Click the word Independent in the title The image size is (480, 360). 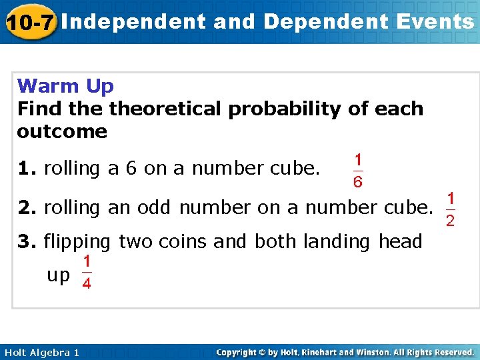point(137,22)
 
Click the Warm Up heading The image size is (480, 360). point(65,86)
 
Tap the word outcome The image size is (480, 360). point(62,131)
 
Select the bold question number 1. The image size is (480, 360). point(27,169)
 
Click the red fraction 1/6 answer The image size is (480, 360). point(358,171)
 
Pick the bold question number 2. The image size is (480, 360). point(27,208)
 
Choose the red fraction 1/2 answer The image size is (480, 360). point(451,209)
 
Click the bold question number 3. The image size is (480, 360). point(27,241)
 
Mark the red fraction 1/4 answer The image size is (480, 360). point(87,273)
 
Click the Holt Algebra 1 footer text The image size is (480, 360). point(41,352)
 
